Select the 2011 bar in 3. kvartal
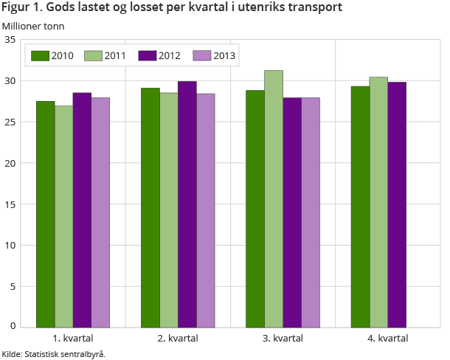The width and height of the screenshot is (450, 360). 273,198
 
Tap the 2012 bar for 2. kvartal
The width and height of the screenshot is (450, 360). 187,204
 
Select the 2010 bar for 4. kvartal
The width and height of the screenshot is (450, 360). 360,207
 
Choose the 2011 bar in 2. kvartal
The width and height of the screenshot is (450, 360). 169,210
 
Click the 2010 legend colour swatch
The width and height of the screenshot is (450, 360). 40,55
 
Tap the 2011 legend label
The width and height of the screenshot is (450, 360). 115,55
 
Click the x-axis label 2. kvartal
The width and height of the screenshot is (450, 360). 178,338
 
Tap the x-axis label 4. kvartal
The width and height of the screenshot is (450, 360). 388,338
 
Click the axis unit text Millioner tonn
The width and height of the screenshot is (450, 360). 33,26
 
